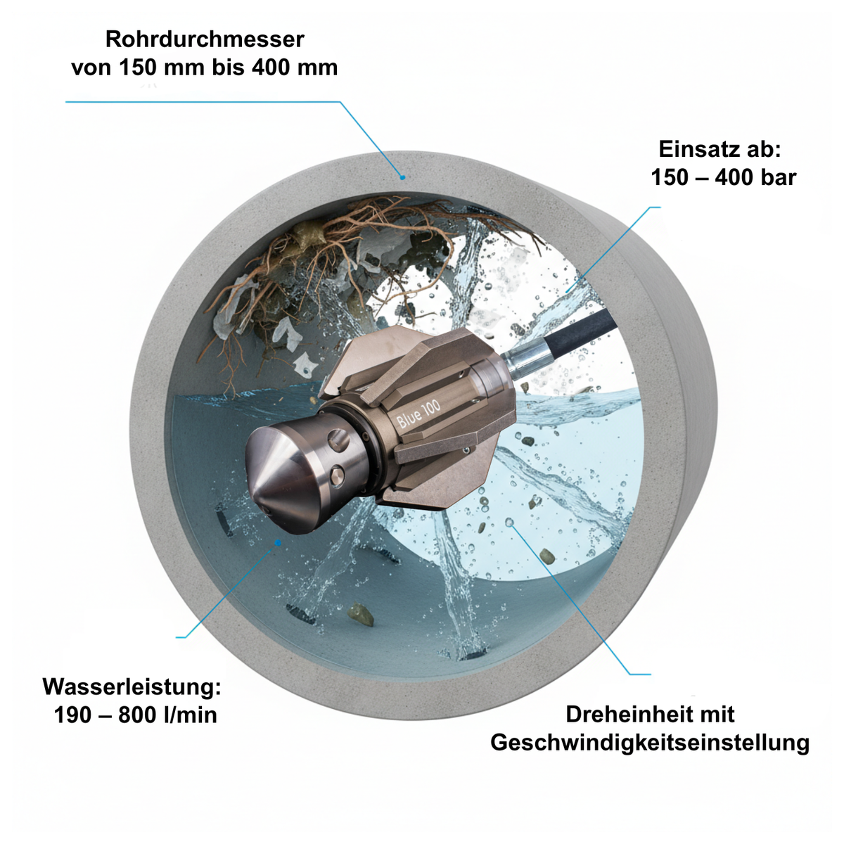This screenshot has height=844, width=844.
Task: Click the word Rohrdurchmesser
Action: point(205,39)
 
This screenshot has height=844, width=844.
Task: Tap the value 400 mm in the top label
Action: point(294,68)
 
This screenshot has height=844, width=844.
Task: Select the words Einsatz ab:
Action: point(720,149)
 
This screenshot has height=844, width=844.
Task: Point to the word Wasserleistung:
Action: point(132,686)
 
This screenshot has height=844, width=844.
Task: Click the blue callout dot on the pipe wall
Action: point(402,177)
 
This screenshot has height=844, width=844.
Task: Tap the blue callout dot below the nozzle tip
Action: point(277,543)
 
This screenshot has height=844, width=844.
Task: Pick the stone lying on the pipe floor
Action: point(361,615)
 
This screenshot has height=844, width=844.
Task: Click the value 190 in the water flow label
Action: point(72,715)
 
